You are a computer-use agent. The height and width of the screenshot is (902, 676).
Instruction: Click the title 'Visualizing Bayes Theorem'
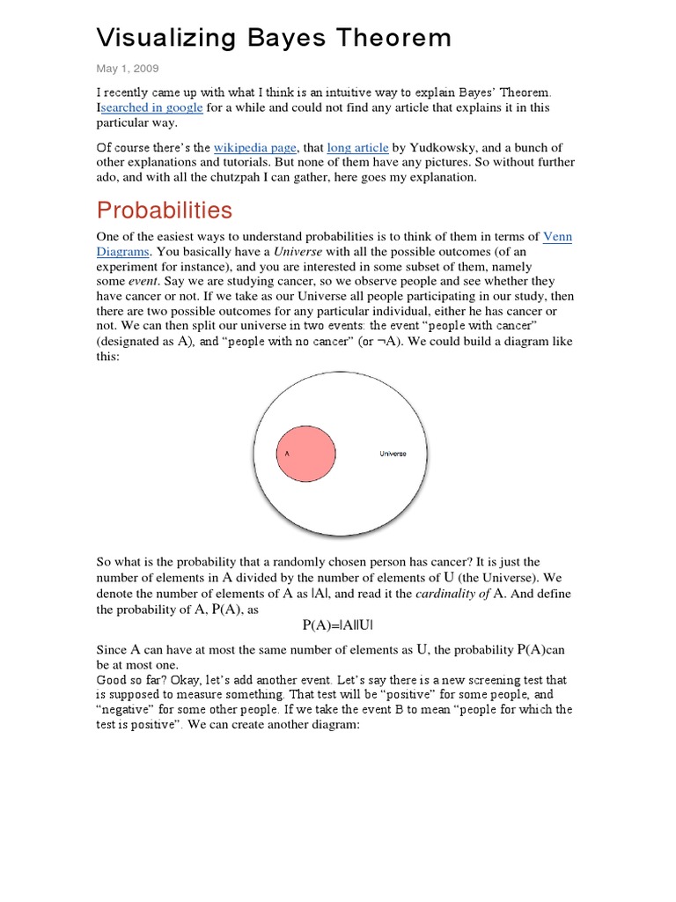[x=274, y=38]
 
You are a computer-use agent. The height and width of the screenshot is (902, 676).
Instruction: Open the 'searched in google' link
[x=152, y=107]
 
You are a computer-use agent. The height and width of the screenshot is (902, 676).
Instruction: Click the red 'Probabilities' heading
[x=165, y=211]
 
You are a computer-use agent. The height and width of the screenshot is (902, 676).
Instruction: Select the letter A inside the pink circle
[x=286, y=454]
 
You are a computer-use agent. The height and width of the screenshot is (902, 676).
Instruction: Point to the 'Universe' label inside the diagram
[x=393, y=454]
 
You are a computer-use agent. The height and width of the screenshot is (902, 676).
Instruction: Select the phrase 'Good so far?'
[x=132, y=679]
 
